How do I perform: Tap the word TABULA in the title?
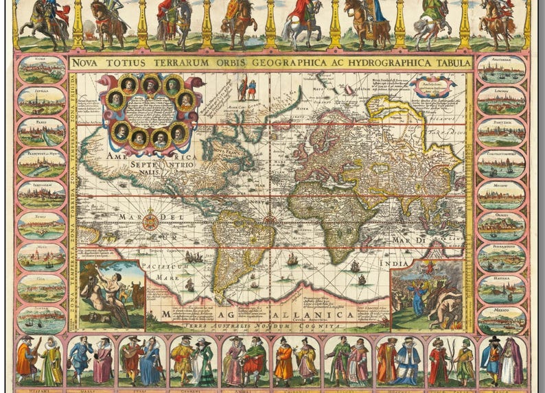click(x=449, y=63)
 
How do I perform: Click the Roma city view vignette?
click(x=41, y=69)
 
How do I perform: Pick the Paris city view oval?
click(x=41, y=132)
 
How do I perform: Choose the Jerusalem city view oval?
click(x=41, y=195)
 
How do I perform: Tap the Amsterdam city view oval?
click(x=502, y=69)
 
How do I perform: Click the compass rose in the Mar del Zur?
click(x=150, y=222)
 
